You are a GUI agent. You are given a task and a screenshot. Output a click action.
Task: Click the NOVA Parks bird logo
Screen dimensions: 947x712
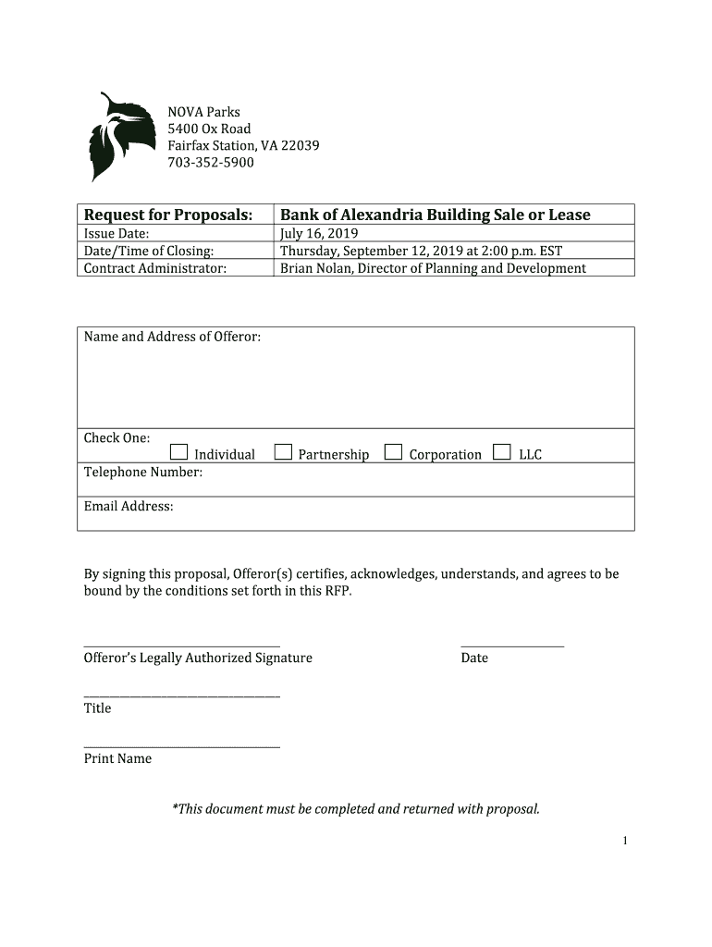coord(120,137)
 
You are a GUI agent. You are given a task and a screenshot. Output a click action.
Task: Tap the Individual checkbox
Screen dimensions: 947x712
coord(178,452)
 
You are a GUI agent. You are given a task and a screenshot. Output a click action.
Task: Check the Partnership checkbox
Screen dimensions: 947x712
coord(283,452)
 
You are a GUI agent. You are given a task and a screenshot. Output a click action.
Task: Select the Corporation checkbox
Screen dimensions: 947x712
coord(394,452)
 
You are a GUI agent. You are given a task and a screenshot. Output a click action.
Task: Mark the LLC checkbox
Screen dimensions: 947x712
coord(502,452)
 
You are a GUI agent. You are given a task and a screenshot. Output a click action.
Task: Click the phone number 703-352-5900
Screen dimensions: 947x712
coord(210,163)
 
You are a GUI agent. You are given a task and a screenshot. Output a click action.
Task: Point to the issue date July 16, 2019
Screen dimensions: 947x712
coord(319,234)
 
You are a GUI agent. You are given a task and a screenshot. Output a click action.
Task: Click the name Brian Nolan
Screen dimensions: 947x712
coord(315,268)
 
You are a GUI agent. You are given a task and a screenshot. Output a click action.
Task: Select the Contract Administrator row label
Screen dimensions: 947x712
coord(155,268)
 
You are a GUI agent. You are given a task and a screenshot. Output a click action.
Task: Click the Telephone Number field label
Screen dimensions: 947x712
coord(143,472)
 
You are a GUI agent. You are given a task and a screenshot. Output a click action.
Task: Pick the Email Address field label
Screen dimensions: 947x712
coord(129,506)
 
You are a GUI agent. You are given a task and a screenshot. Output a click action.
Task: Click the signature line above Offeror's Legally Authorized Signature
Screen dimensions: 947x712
coord(181,646)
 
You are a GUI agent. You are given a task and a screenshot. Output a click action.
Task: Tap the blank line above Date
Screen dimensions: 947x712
coord(511,646)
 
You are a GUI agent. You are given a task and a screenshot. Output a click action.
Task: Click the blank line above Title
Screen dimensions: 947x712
coord(181,695)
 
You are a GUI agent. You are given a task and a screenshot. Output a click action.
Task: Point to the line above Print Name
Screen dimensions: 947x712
coord(181,745)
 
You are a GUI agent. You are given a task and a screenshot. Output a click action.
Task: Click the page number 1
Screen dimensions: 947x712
coord(626,841)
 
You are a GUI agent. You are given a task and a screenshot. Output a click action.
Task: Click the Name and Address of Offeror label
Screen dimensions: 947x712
coord(172,337)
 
